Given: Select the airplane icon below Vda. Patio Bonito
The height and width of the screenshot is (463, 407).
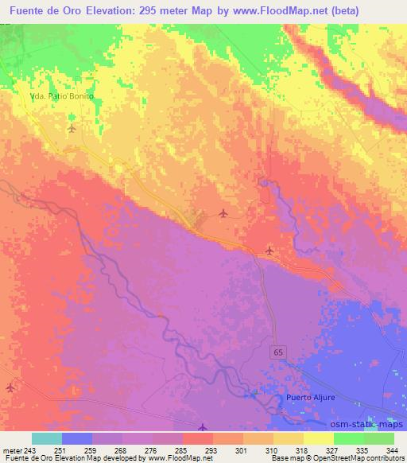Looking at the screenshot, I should pos(72,127).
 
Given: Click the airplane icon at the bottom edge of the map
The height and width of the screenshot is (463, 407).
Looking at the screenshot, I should pos(203,427).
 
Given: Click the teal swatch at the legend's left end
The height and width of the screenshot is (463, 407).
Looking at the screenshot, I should pos(47,438).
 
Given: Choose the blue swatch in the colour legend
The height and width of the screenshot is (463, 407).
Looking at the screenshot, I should pos(77,438).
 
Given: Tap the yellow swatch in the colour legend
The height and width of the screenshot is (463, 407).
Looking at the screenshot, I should pos(318,438).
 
